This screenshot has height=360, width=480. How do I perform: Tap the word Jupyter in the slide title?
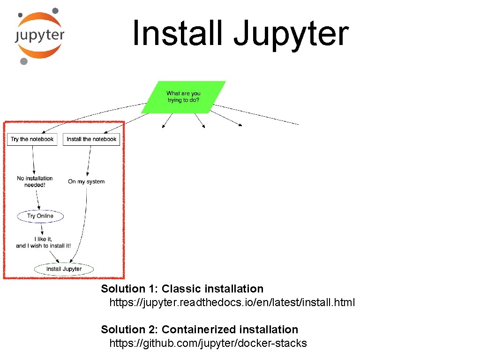(291, 33)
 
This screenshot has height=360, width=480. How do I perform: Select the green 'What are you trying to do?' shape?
(183, 97)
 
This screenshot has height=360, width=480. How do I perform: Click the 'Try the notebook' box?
(32, 139)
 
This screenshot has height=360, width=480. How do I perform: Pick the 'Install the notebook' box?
(91, 139)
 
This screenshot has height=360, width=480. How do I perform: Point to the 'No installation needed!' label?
(35, 181)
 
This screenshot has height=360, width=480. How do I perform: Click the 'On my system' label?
(86, 181)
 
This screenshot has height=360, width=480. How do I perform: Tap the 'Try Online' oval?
(40, 216)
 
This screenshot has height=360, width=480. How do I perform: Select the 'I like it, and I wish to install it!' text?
(43, 242)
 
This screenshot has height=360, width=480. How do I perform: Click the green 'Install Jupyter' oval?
(64, 269)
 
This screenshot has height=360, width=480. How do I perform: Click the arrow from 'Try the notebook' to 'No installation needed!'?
(33, 159)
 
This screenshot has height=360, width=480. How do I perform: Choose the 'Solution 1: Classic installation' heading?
(182, 289)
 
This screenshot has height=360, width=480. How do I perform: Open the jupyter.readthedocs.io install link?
(232, 302)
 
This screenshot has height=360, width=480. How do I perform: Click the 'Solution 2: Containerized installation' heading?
(200, 330)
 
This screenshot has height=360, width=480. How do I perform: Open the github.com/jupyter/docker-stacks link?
(208, 343)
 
